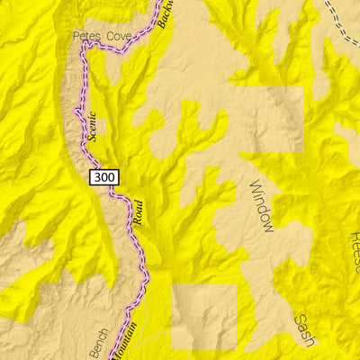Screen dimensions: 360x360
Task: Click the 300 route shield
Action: click(x=103, y=177)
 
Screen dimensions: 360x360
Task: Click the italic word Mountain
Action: click(x=126, y=342)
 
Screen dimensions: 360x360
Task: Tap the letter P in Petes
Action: click(x=76, y=36)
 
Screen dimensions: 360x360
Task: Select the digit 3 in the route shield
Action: click(x=96, y=177)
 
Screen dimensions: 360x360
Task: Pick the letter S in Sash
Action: click(x=299, y=320)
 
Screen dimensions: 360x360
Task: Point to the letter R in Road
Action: click(x=138, y=222)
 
